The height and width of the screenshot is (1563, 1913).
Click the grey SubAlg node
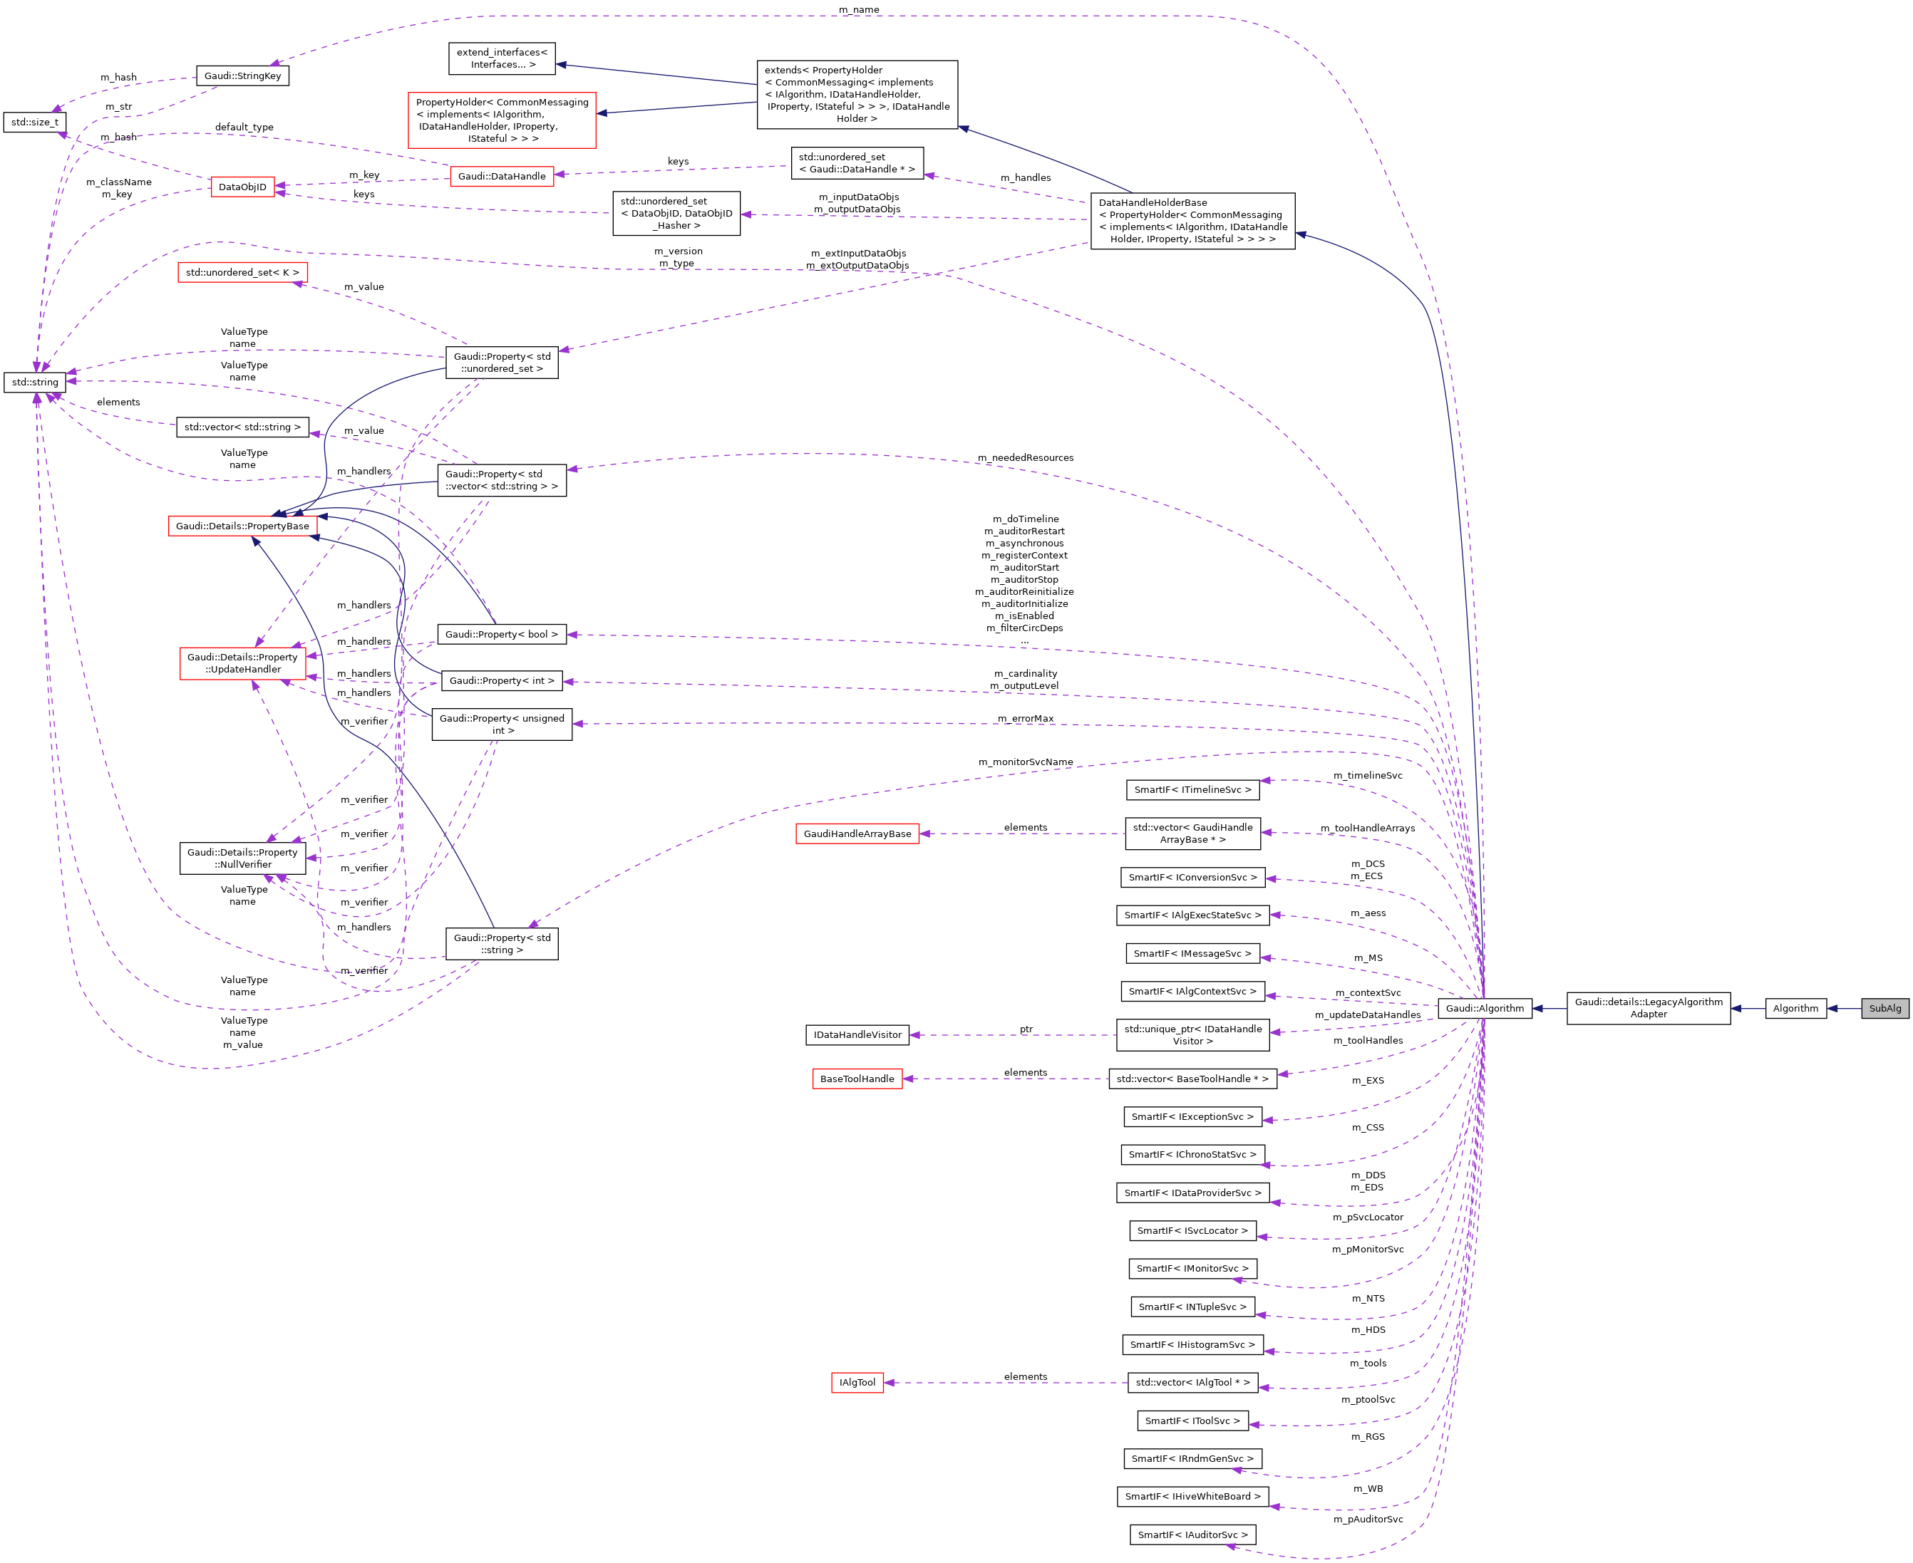click(1884, 1008)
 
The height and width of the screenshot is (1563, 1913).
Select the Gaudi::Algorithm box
click(1485, 1008)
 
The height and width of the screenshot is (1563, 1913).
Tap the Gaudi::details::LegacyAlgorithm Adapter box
click(1648, 1008)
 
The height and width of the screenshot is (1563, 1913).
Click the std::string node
click(35, 383)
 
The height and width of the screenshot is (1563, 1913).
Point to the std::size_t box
click(35, 123)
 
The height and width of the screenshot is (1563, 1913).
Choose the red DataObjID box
click(242, 187)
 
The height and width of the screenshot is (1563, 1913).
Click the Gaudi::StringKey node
click(242, 76)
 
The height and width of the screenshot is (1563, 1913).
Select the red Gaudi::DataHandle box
click(502, 177)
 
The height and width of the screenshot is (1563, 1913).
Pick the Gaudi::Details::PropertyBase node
click(242, 526)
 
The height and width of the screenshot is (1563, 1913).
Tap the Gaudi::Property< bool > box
click(502, 635)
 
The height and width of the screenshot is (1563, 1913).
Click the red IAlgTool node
click(857, 1382)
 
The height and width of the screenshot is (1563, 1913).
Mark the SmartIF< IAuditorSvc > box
click(1192, 1535)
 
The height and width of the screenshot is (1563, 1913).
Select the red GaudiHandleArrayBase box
click(857, 834)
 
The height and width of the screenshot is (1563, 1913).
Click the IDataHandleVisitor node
click(857, 1034)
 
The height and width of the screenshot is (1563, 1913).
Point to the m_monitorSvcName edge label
click(1026, 762)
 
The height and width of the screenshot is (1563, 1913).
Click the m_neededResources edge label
click(1026, 457)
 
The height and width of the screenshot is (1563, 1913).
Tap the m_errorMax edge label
click(1026, 719)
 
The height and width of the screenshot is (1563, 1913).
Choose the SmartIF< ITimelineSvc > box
click(1192, 789)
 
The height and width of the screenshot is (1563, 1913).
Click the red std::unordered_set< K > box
click(242, 273)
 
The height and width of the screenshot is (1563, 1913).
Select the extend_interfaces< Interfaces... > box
click(502, 58)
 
